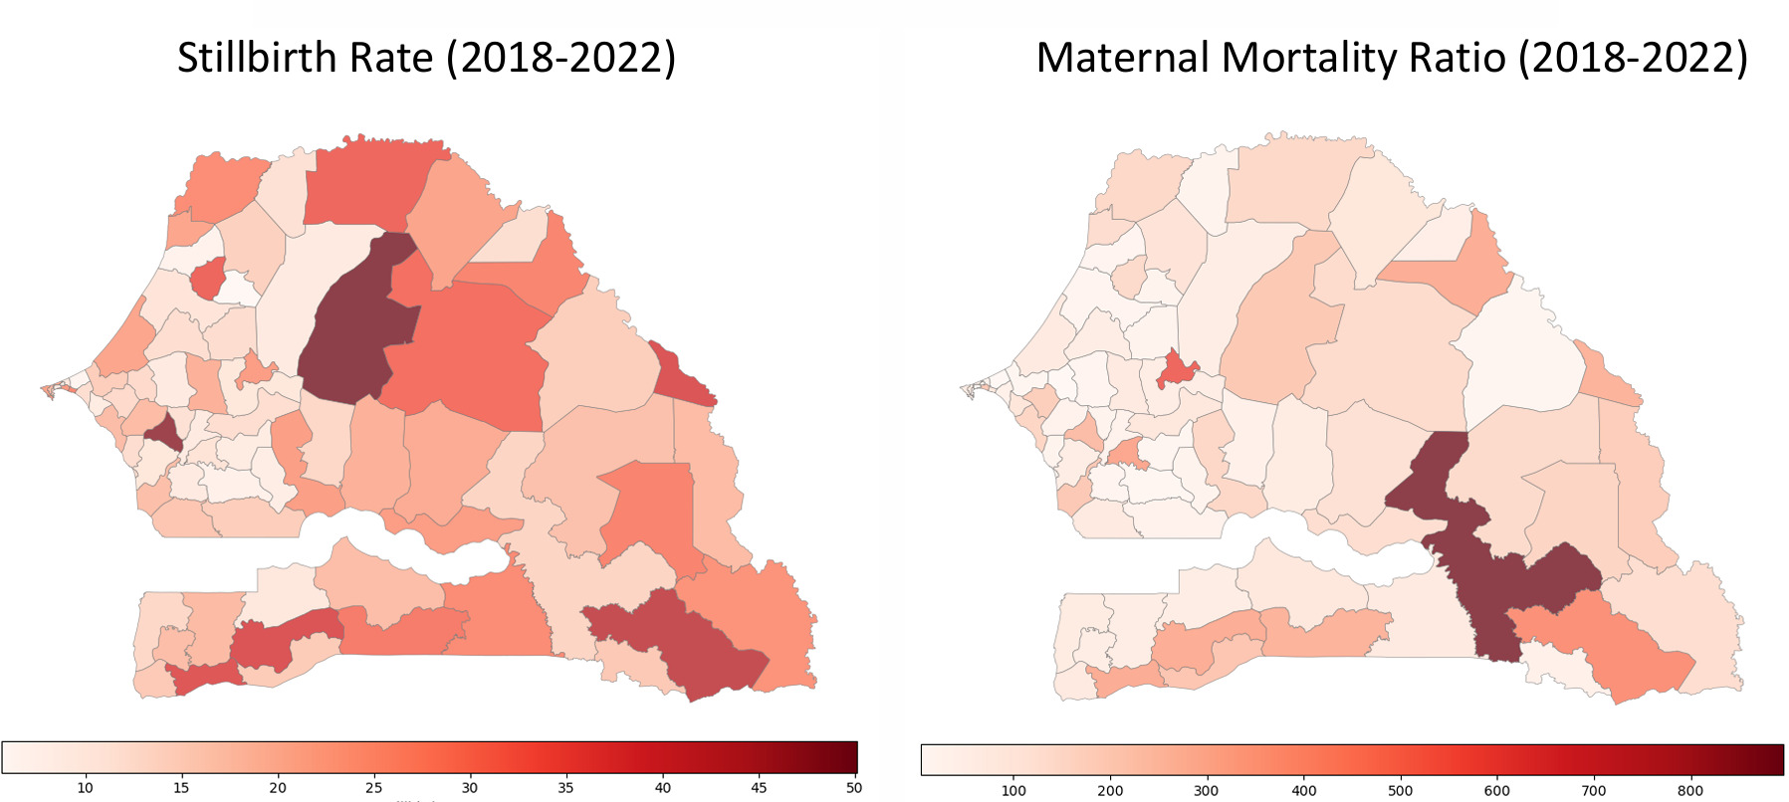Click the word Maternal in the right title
pos(1122,58)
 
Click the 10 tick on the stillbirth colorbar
pos(86,787)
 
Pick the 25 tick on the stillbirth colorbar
pos(373,787)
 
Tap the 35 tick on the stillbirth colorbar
pos(565,787)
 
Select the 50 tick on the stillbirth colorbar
pos(853,787)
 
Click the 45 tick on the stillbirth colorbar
pos(759,787)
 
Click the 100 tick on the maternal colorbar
pos(1013,790)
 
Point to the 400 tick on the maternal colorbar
pos(1303,790)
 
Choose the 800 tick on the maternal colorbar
pos(1690,790)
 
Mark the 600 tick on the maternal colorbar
pos(1496,790)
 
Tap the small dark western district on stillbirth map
pos(163,433)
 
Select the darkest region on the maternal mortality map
pos(1483,557)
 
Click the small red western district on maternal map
pos(1177,370)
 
